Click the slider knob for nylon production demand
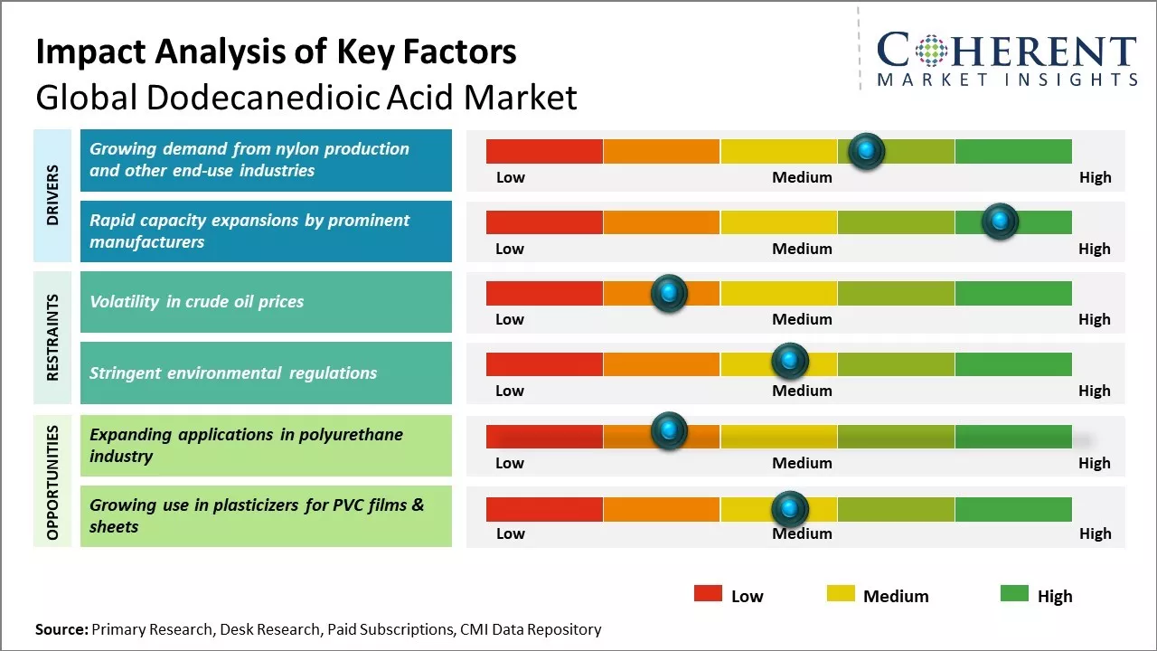867,151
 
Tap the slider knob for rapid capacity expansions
1000,222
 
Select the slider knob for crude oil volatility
669,293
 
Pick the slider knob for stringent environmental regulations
790,362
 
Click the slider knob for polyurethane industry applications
669,432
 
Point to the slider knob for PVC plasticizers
790,509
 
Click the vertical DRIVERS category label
52,195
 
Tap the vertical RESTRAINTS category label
52,337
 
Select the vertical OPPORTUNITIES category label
52,482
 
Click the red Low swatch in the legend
708,594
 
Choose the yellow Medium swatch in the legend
841,594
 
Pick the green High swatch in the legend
1014,594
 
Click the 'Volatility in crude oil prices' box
266,302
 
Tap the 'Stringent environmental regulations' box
266,373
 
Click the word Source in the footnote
61,629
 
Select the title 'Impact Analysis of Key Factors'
276,52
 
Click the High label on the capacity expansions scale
1094,249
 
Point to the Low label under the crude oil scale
510,319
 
